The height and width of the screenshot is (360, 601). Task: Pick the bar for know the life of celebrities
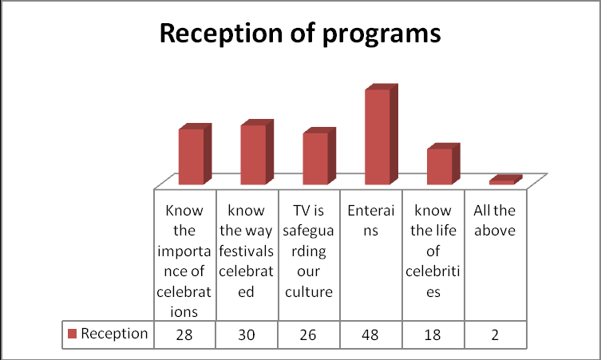439,166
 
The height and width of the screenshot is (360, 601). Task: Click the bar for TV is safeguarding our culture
314,158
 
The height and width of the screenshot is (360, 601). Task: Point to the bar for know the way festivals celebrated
252,154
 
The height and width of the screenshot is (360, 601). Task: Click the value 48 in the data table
371,334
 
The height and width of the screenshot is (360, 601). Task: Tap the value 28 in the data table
184,334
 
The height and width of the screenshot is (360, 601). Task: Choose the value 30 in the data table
247,334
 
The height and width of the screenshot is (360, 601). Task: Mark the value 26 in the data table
309,334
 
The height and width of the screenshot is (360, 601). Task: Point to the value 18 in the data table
433,334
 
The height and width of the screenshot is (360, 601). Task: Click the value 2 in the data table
496,334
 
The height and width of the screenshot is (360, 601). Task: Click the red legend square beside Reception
72,334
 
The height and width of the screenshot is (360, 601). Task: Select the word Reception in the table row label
114,334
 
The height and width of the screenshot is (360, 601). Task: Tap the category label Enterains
371,221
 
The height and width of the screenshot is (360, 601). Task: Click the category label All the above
496,221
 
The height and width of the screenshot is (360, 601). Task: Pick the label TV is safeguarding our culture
309,251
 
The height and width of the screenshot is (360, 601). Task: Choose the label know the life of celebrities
433,251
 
